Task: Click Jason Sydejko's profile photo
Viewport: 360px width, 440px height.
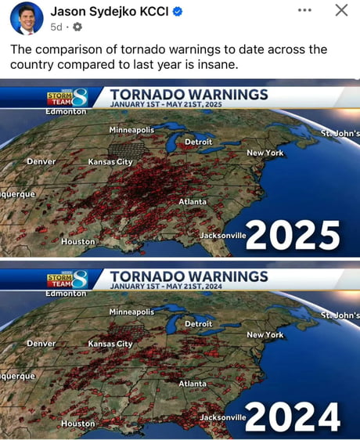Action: pos(27,18)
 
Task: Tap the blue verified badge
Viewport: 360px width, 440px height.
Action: pos(178,12)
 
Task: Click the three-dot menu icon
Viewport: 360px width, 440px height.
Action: pos(304,10)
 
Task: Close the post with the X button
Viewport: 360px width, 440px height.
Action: pos(341,10)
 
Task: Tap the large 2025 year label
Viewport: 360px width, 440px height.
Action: pos(293,235)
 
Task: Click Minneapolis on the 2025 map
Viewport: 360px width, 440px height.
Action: pos(131,129)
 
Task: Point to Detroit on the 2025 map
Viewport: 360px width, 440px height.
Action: pos(198,142)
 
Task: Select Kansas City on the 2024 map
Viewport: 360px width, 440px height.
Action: pos(110,344)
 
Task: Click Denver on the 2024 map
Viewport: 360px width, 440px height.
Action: pos(41,343)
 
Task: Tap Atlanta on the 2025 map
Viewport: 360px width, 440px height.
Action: pos(193,201)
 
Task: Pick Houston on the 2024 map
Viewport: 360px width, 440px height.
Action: pos(77,424)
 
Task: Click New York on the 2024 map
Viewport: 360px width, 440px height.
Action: pos(265,334)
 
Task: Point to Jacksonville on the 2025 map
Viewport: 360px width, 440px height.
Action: pos(222,235)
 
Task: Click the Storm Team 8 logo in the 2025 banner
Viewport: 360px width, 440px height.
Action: pos(67,98)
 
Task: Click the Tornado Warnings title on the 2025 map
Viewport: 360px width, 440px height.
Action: pos(189,94)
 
